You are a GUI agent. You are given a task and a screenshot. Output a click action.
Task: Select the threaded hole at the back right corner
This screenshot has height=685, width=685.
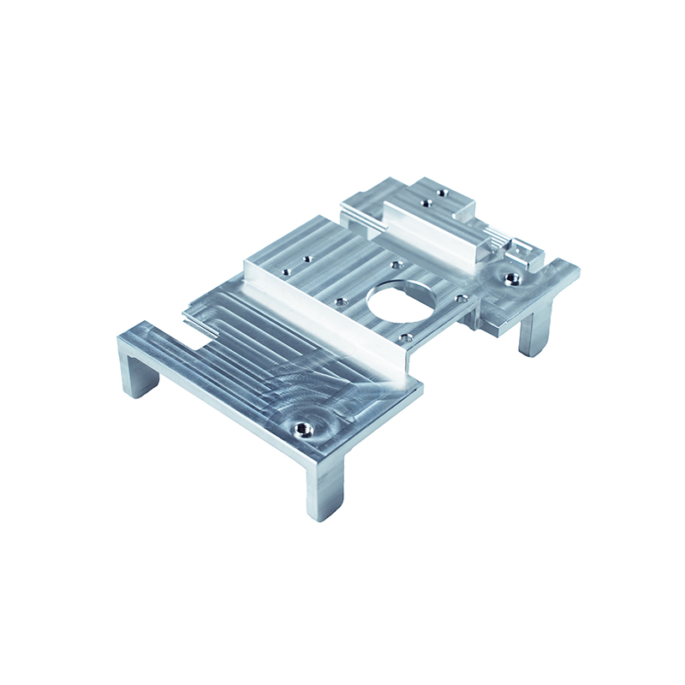[x=512, y=277]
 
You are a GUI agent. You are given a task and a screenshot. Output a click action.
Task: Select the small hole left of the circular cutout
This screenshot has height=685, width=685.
[x=341, y=301]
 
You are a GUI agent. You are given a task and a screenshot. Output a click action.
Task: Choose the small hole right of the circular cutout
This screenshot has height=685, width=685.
[x=462, y=299]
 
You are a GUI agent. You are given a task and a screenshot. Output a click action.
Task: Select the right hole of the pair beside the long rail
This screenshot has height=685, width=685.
[x=305, y=257]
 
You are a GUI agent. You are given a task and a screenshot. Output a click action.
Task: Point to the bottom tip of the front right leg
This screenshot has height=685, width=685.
[x=320, y=515]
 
